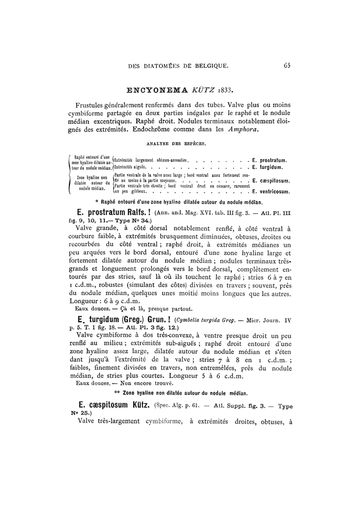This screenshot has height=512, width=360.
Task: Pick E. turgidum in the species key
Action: click(268, 167)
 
